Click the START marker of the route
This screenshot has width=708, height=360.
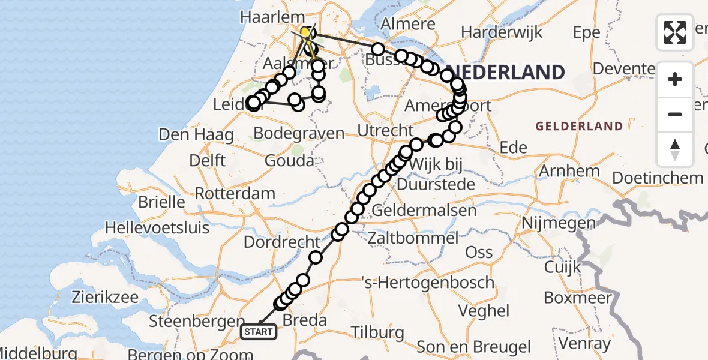click(259, 331)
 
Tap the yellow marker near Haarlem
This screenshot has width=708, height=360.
click(305, 32)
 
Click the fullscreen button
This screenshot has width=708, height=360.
click(675, 32)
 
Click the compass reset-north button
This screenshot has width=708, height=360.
click(675, 149)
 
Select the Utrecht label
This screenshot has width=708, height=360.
click(385, 130)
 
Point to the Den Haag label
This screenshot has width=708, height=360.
click(196, 134)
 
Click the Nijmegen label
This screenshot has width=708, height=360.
click(559, 223)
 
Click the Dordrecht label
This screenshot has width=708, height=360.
click(282, 242)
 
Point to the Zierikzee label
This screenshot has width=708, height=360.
click(107, 296)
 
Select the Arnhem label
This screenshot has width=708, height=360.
click(569, 170)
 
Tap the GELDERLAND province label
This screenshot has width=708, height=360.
click(579, 126)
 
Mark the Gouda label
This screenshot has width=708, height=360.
click(292, 160)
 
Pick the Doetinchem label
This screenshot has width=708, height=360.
click(658, 178)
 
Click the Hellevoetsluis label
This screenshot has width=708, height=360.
click(157, 228)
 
